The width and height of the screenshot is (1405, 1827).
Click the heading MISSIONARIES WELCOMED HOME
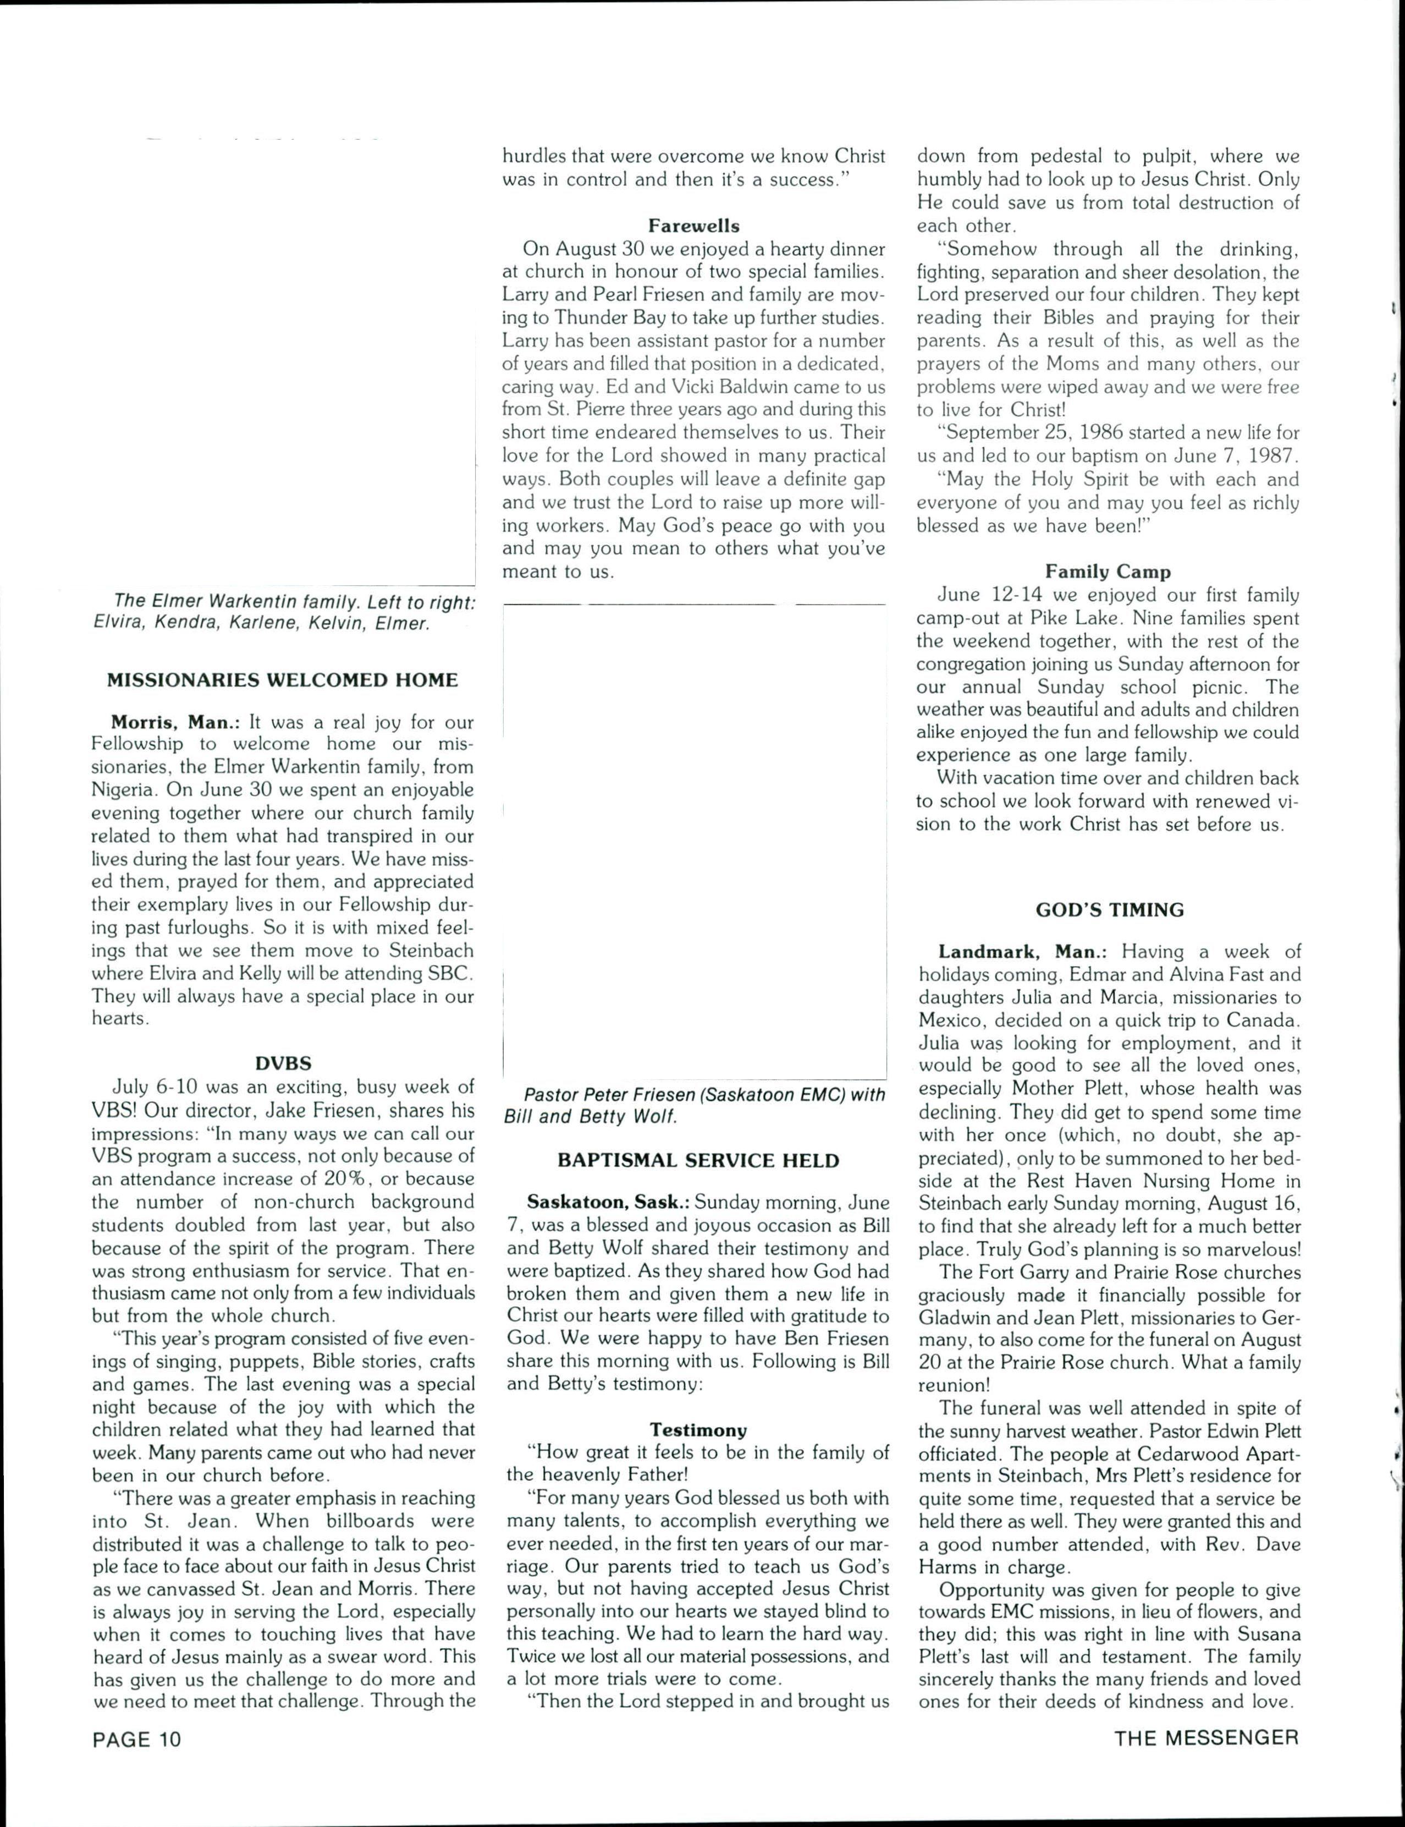[x=282, y=680]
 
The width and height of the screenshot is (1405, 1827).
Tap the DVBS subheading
[x=283, y=1063]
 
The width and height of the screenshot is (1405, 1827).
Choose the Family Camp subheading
[x=1108, y=572]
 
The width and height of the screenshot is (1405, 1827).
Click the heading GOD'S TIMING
[x=1109, y=910]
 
